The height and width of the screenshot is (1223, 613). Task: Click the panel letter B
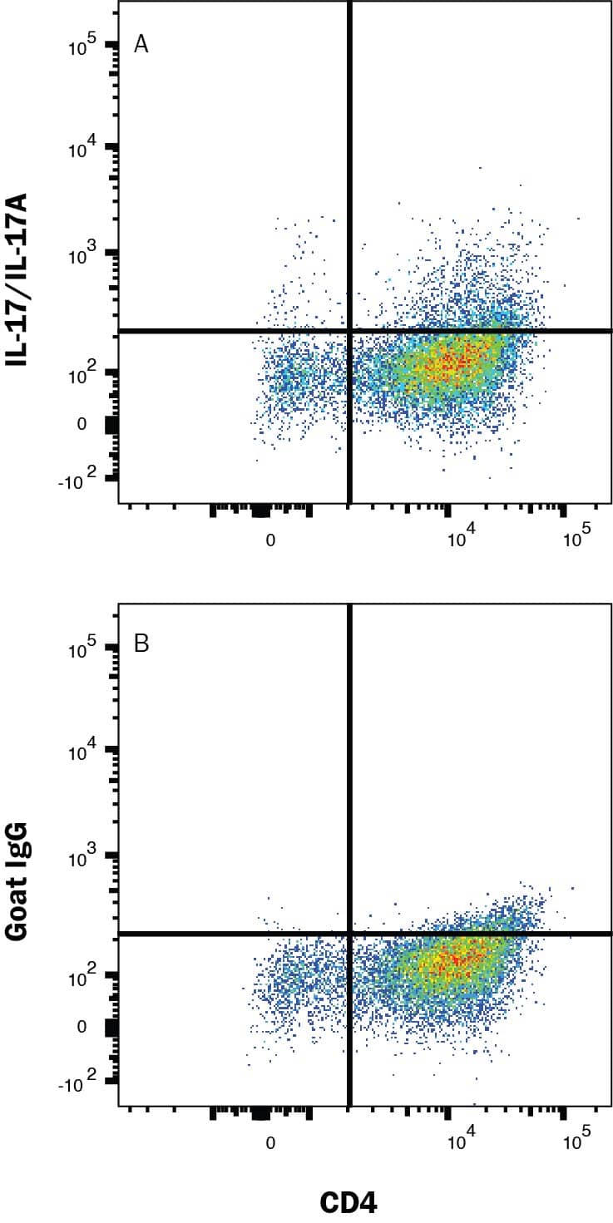[141, 644]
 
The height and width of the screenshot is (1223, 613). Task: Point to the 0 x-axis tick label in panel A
[270, 540]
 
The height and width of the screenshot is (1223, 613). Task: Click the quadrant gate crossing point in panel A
[349, 331]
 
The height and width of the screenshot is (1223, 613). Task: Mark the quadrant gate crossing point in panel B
[349, 934]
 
